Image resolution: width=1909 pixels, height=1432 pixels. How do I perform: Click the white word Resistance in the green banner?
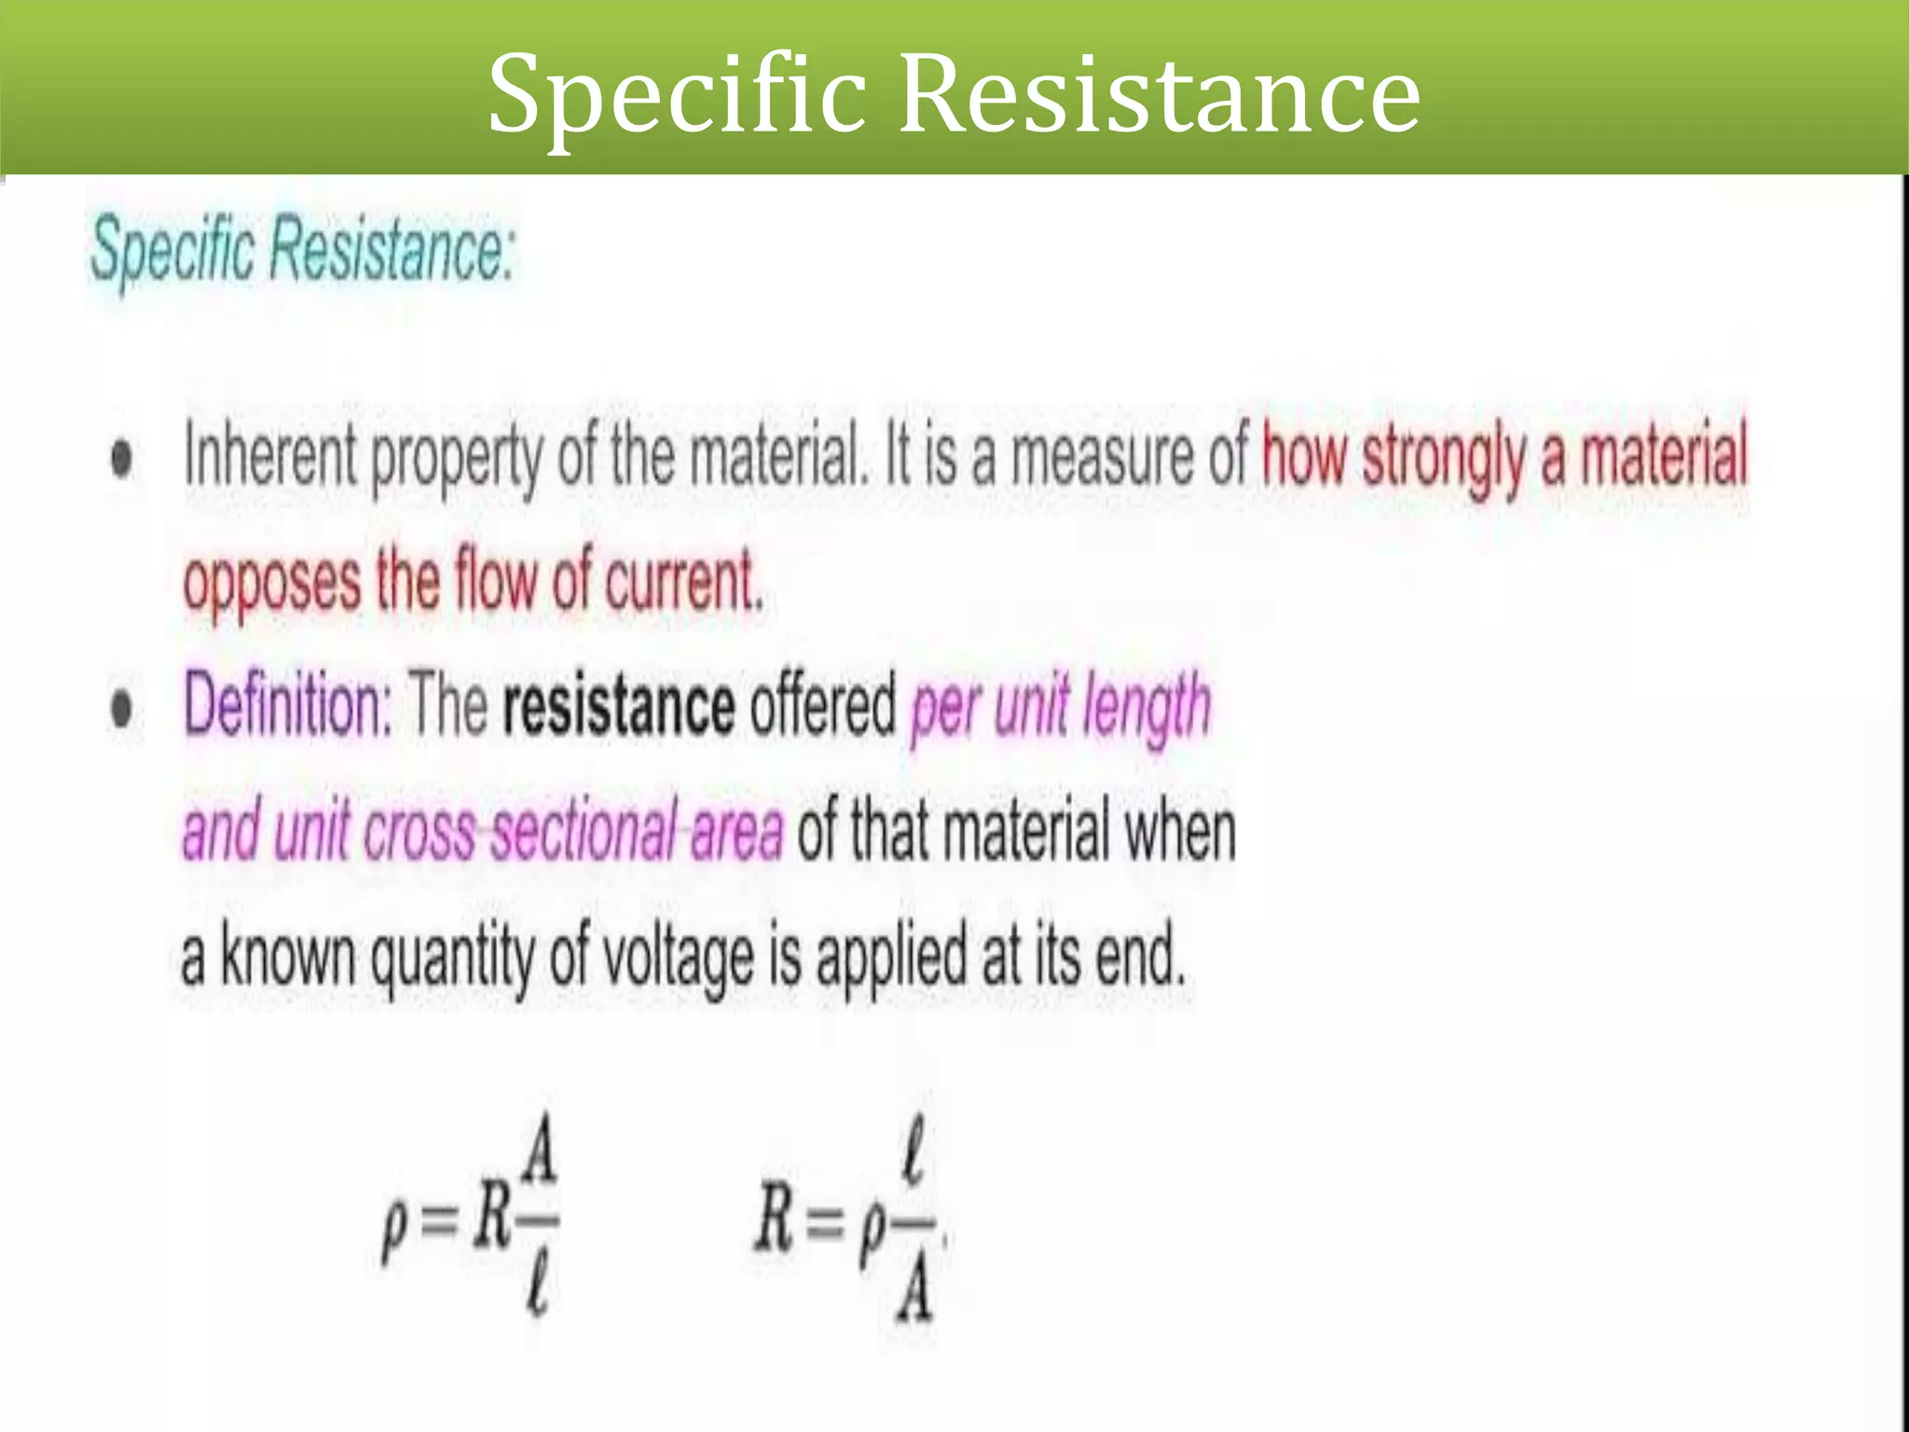(1160, 93)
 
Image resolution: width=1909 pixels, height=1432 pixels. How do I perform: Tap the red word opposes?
(272, 582)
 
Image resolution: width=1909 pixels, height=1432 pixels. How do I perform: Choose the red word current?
(683, 580)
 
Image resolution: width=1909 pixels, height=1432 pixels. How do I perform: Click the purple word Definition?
(287, 706)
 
